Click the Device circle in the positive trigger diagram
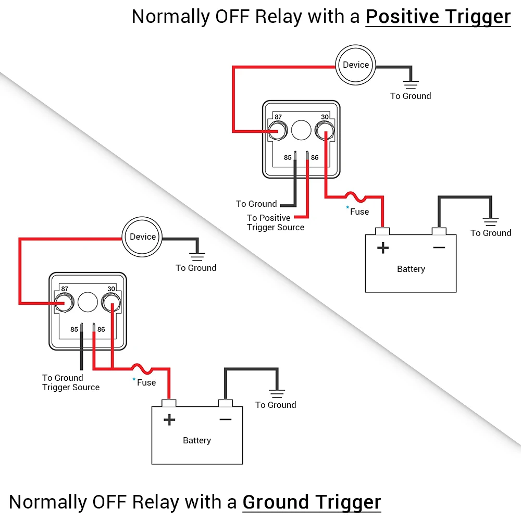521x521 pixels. click(356, 65)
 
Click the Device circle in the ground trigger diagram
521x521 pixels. click(143, 237)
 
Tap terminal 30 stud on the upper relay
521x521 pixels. click(324, 130)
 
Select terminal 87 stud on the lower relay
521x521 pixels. click(65, 302)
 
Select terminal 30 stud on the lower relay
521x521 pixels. click(111, 302)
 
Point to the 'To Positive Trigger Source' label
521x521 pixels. click(275, 222)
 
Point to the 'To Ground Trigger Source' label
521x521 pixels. click(70, 382)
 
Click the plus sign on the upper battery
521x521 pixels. click(383, 247)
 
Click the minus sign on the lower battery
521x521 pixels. click(226, 419)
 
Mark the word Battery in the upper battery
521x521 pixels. click(411, 269)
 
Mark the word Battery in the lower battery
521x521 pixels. click(197, 440)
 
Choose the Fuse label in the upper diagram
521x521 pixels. click(359, 212)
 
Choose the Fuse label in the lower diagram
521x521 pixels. click(146, 382)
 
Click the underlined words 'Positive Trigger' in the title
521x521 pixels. click(438, 17)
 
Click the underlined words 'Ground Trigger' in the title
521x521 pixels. click(312, 502)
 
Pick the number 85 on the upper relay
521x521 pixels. click(288, 157)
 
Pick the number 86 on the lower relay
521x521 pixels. click(101, 329)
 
